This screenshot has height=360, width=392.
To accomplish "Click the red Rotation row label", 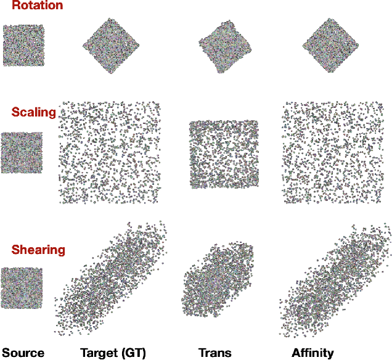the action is point(37,6).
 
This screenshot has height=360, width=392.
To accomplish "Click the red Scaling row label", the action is point(33,112).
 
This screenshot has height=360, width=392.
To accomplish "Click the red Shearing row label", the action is point(38,250).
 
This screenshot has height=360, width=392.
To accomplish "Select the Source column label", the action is point(22,353).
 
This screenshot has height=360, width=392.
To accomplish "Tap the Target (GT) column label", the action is point(112,353).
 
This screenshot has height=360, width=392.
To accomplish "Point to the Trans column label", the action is point(214,353).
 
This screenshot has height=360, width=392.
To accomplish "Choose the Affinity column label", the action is point(312,353).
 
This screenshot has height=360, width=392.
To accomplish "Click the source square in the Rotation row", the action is point(23,45).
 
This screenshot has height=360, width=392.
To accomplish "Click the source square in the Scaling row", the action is point(22,152).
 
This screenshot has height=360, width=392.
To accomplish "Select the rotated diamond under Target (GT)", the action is point(111,46).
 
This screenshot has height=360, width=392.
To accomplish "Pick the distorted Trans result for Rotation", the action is point(224,44).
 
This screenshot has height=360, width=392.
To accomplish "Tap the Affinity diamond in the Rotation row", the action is point(330,45).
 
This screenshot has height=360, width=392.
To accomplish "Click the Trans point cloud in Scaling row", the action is point(222,154).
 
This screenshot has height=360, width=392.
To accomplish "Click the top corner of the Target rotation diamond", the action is point(111,18).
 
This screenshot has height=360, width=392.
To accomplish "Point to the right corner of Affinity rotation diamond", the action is point(358,45).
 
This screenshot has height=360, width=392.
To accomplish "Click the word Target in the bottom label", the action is point(97,353).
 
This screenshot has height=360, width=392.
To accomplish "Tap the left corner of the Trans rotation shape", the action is point(198,43).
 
